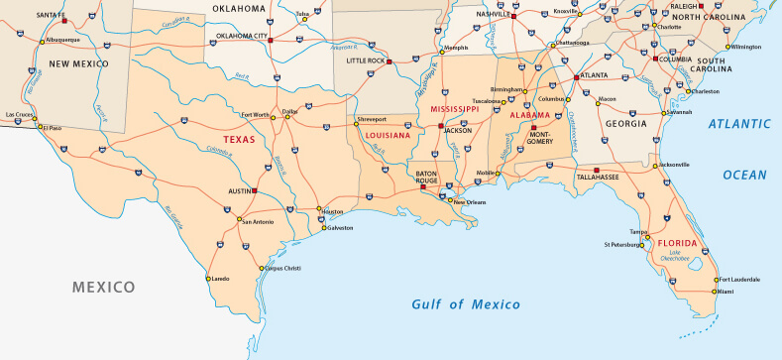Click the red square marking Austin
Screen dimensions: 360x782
[x=255, y=189]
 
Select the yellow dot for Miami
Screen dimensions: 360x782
[x=715, y=292]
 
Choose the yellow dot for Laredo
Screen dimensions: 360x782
[x=209, y=279]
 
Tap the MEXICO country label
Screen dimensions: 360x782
[x=103, y=287]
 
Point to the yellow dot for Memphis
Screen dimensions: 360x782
[x=440, y=48]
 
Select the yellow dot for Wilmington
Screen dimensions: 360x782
[x=727, y=47]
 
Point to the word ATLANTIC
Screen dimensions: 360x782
[x=740, y=123]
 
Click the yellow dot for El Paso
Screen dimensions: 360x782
[x=40, y=127]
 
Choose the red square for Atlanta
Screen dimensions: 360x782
[x=576, y=76]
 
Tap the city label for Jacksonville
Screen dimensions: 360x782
[x=673, y=165]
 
